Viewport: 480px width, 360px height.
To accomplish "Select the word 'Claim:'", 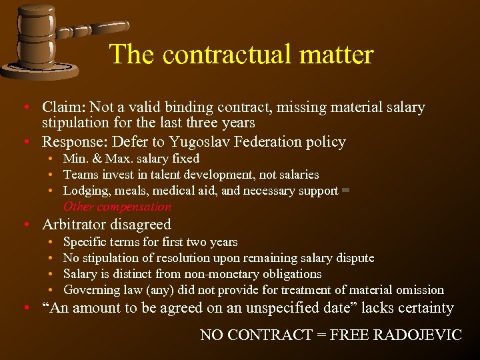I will coord(63,107).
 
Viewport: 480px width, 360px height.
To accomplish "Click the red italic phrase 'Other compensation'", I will coord(117,207).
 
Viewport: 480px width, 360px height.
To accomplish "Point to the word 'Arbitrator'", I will coord(75,225).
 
